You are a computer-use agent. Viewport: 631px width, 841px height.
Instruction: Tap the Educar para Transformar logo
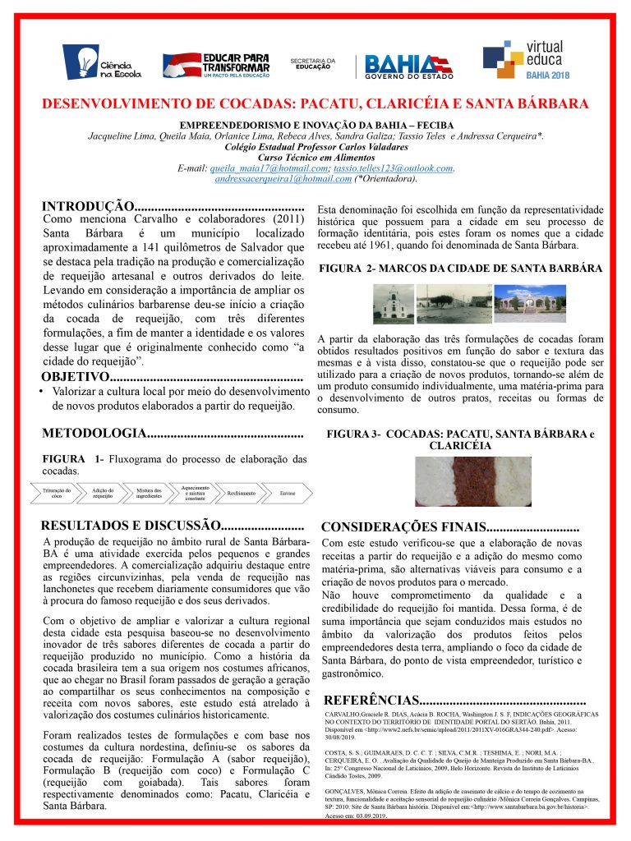click(x=216, y=62)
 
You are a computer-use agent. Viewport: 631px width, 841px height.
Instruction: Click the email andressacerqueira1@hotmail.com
click(x=272, y=178)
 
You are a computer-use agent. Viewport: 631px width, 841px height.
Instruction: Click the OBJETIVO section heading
click(x=75, y=377)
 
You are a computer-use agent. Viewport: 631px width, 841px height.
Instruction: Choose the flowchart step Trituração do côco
click(x=57, y=494)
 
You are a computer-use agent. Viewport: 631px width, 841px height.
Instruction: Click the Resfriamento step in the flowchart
click(x=241, y=494)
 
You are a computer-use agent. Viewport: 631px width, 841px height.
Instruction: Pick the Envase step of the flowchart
click(x=288, y=494)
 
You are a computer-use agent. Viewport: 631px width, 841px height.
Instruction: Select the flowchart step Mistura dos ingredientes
click(x=149, y=494)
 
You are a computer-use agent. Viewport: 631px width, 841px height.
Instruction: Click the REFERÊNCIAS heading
click(x=373, y=701)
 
